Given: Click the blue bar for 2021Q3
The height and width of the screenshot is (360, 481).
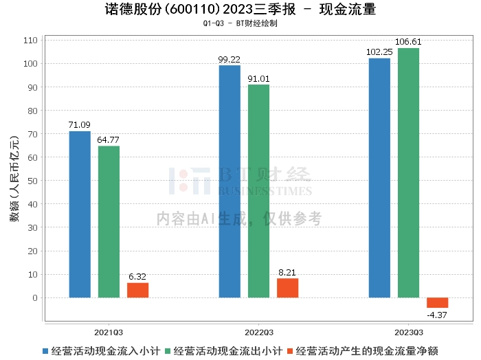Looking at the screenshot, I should coord(80,214).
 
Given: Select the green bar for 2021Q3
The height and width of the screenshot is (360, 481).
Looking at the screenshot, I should coord(109,222).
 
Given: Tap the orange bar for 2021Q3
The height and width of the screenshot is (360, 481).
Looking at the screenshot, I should coord(137,290).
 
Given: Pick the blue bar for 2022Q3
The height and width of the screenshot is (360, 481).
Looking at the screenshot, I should coord(230,181).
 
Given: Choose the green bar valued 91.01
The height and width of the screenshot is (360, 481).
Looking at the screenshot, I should coord(258,191).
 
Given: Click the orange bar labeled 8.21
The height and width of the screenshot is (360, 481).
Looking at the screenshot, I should coord(287,288).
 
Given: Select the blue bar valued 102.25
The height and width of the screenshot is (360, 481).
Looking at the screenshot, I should coord(379,178).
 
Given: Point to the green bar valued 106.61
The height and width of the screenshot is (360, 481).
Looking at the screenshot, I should coord(408,172).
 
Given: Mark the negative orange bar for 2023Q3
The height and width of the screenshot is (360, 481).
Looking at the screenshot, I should coord(437,302).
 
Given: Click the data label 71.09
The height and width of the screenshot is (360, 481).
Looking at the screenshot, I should coord(80,124).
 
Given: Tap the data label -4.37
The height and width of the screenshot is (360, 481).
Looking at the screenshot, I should coord(437,315).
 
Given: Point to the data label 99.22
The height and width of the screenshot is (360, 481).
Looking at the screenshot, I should coord(230,58).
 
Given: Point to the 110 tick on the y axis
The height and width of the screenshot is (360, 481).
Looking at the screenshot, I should coord(30,41).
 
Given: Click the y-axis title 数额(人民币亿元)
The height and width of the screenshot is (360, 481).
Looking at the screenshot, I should coord(13,181).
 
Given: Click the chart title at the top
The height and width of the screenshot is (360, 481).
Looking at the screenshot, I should coord(240,10).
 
